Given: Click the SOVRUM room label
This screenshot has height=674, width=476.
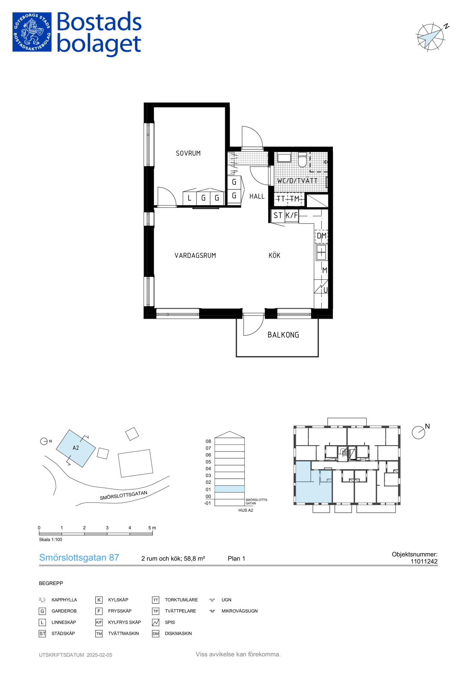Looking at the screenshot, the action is [x=188, y=153].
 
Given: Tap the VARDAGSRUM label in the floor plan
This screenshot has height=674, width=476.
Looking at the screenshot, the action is [x=195, y=255].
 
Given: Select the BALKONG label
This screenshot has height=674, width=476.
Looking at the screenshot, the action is [x=283, y=335].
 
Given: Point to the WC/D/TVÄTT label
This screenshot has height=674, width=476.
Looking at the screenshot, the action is [x=297, y=181].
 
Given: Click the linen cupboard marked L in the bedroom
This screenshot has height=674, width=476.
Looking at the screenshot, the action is [x=189, y=198].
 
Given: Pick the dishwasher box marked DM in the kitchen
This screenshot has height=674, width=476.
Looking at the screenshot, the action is [x=321, y=236].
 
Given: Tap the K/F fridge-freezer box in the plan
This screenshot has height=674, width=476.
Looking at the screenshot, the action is [x=291, y=215].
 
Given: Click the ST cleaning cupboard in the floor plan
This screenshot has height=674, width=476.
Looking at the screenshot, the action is [x=278, y=215].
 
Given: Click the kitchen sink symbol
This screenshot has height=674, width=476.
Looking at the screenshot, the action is [x=321, y=253].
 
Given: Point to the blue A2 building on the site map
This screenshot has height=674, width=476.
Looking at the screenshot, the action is [x=76, y=448].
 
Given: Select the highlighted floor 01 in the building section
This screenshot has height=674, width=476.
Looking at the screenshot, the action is [x=229, y=489].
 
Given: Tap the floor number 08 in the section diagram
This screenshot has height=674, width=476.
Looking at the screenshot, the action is [x=208, y=441].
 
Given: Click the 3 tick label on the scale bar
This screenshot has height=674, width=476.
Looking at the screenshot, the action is [x=107, y=528].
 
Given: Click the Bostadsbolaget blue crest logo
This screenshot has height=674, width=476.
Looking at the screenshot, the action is [x=32, y=32].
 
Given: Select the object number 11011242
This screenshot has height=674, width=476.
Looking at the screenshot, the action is [x=424, y=561].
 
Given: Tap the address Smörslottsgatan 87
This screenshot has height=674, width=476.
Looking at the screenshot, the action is [x=79, y=558].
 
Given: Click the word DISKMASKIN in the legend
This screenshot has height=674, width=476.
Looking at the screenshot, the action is [x=178, y=634].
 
